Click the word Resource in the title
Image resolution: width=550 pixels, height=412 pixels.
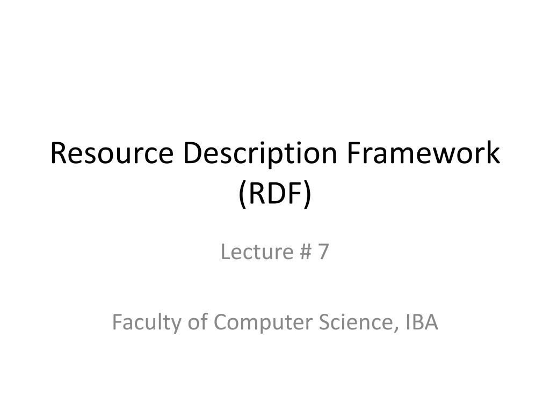coord(112,154)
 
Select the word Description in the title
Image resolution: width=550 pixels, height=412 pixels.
coord(262,154)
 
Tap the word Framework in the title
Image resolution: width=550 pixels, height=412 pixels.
coord(423,154)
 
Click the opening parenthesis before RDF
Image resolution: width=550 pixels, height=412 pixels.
coord(243,194)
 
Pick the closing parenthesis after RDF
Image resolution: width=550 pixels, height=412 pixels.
coord(307,194)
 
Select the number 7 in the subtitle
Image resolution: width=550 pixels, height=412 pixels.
coord(322,252)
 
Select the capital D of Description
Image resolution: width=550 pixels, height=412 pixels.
coord(191,154)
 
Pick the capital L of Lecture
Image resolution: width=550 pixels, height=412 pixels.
coord(225,252)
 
